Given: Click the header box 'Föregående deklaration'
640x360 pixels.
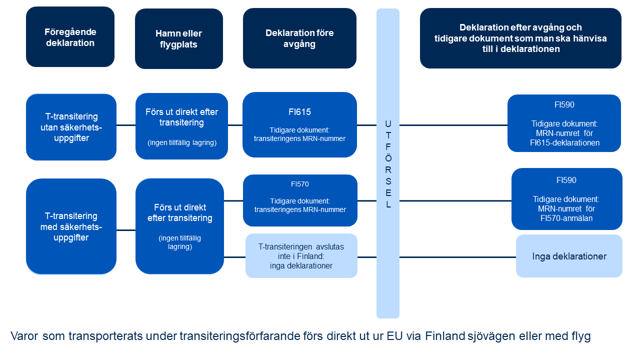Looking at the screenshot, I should [70, 37].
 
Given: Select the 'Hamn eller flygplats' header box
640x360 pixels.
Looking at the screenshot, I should [178, 39].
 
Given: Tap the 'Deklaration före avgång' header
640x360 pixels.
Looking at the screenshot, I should [299, 38].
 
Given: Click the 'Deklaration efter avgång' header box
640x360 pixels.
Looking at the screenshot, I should [520, 38].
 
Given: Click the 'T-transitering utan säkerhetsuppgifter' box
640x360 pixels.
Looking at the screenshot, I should [71, 127].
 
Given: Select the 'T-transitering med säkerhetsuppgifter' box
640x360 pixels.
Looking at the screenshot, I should [71, 226].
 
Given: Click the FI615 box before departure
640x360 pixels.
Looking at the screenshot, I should [299, 124].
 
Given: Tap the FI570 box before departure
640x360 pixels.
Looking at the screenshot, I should [300, 200].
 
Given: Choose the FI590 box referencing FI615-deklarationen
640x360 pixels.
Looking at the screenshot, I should [564, 123].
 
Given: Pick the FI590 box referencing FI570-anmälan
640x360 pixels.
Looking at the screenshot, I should [566, 199].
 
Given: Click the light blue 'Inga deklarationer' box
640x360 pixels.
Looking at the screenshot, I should [569, 256].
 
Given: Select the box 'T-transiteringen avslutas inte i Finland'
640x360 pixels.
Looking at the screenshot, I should [301, 255].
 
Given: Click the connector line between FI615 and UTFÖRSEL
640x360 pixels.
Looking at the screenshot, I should [366, 125].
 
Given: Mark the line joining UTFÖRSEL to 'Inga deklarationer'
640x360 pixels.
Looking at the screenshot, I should [457, 257].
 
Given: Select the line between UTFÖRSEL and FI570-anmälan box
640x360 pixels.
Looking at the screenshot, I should [455, 201].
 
